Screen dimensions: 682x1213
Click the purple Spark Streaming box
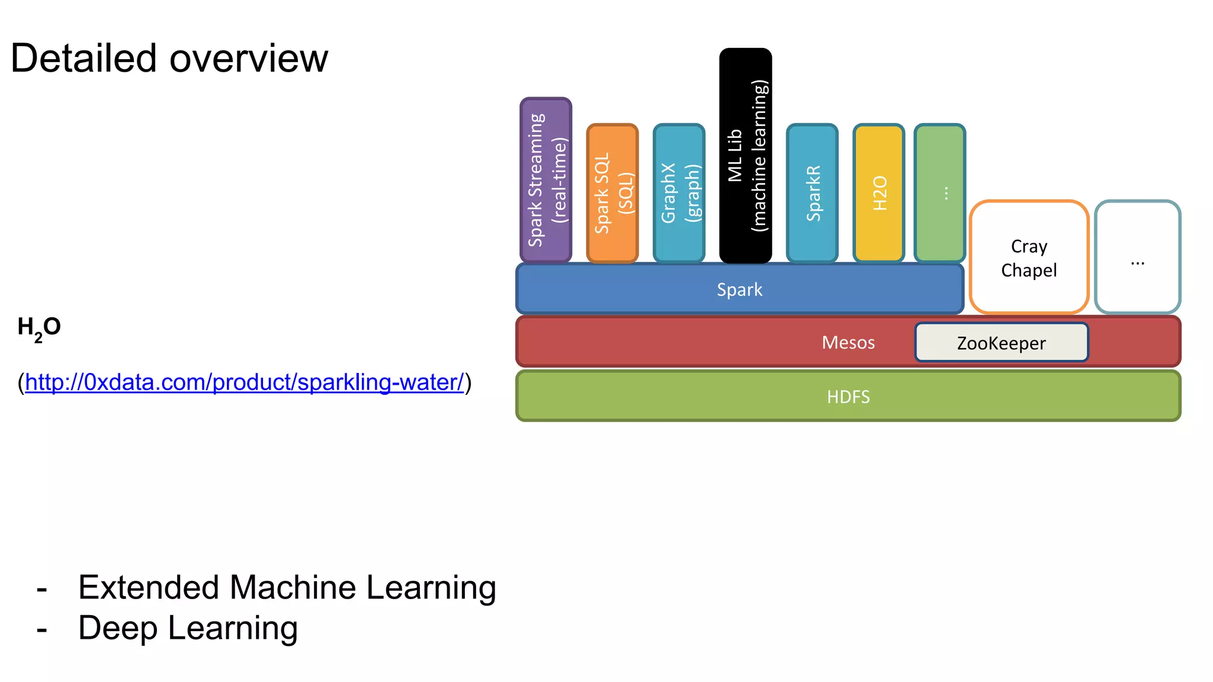545,180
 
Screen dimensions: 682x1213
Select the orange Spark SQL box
612,194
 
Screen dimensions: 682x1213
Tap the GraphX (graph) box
679,194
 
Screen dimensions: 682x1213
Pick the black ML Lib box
745,156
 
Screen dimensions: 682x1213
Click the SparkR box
812,194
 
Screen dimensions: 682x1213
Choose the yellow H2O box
879,194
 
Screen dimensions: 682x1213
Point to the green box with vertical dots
940,194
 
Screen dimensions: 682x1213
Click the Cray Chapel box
1029,258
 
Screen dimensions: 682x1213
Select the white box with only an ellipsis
1137,258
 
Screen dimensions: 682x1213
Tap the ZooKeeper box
1001,343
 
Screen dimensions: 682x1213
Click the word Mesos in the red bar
848,342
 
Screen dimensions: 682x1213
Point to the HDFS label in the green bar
848,397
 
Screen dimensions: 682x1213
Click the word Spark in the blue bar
739,289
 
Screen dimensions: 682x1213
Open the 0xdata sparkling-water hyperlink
244,382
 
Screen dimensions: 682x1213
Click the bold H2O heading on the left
39,327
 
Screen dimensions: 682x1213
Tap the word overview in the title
249,59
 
